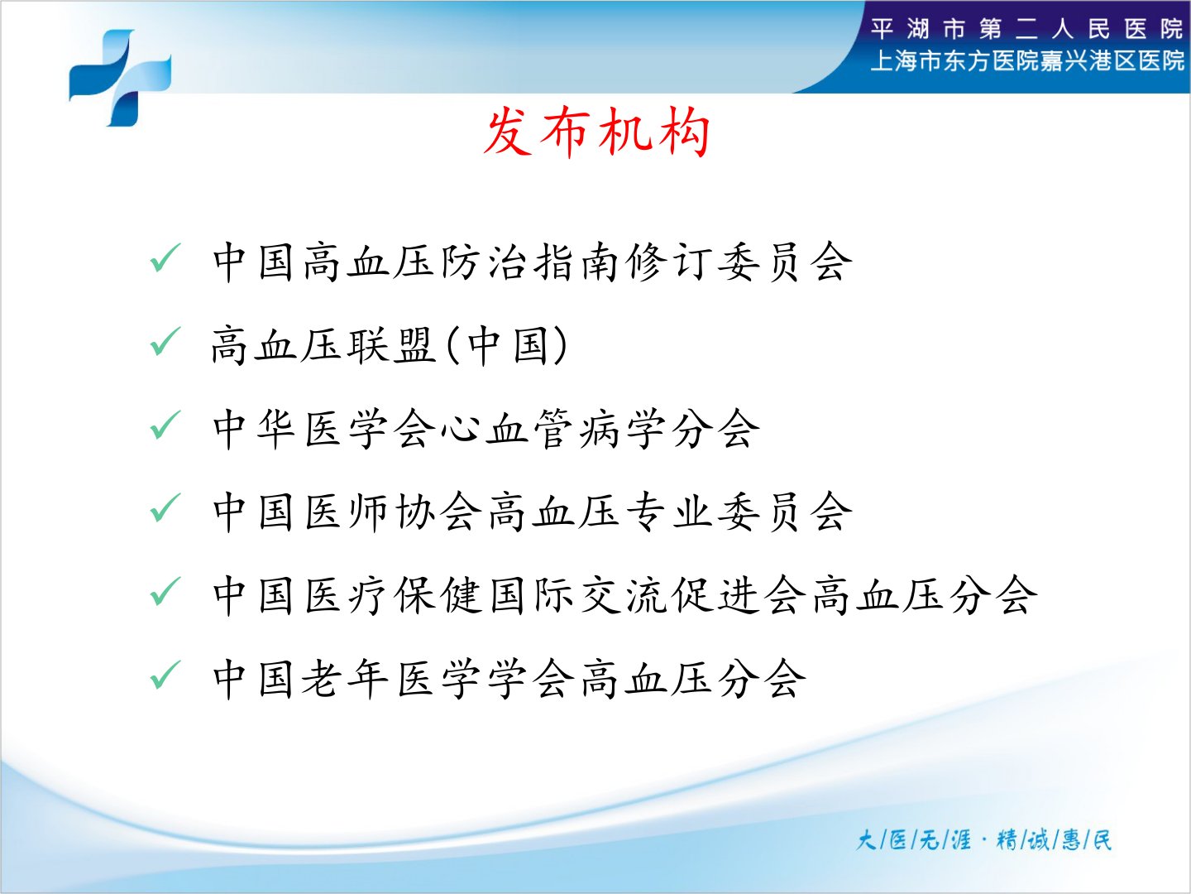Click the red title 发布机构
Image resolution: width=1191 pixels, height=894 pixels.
pyautogui.click(x=596, y=132)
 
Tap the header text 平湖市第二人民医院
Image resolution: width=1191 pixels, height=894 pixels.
pyautogui.click(x=1026, y=29)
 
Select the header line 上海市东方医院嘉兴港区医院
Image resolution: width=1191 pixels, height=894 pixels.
pyautogui.click(x=1027, y=61)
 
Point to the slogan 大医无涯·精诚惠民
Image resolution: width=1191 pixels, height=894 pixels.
pyautogui.click(x=983, y=840)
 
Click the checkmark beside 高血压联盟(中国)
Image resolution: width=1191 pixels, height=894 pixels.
pyautogui.click(x=165, y=341)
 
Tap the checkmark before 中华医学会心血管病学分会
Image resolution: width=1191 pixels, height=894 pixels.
pyautogui.click(x=165, y=425)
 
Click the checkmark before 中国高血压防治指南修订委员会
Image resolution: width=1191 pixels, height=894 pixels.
pyautogui.click(x=165, y=257)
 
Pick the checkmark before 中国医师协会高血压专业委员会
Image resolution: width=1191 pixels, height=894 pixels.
pyautogui.click(x=165, y=507)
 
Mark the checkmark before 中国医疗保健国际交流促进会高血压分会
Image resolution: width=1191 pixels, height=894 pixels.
pyautogui.click(x=165, y=591)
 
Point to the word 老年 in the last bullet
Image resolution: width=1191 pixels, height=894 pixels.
pyautogui.click(x=345, y=679)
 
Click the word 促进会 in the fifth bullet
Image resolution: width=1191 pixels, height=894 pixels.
pyautogui.click(x=739, y=595)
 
